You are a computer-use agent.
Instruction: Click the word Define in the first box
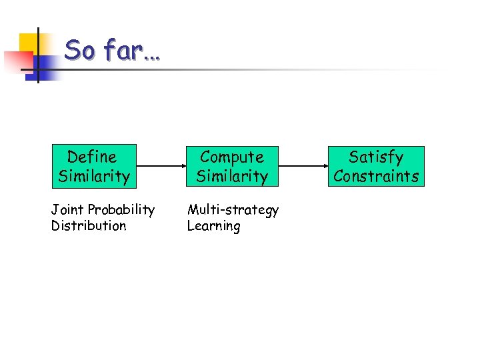(x=92, y=157)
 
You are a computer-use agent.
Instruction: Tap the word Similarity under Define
(x=93, y=177)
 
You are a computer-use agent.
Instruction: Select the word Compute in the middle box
(x=232, y=157)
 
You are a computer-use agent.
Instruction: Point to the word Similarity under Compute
(x=232, y=177)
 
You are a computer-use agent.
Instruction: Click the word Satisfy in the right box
(x=376, y=157)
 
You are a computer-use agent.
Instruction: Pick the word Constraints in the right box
(x=376, y=177)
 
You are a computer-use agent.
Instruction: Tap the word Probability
(x=121, y=210)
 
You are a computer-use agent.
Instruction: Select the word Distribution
(x=89, y=226)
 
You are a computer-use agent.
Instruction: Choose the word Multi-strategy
(x=233, y=210)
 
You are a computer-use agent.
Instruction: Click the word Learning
(x=213, y=227)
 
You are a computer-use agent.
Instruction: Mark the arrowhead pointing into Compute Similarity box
(x=180, y=166)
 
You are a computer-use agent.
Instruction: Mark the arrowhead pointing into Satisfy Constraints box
(x=324, y=166)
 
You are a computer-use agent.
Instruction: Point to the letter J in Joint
(x=54, y=210)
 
